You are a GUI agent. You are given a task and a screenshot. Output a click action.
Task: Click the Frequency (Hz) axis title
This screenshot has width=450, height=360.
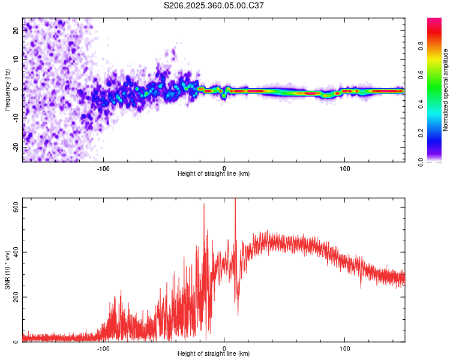point(7,89)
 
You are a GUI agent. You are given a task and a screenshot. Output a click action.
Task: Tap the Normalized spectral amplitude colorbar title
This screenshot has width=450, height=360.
point(446,89)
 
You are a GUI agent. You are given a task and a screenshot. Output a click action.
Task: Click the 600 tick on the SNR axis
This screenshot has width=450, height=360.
point(16,206)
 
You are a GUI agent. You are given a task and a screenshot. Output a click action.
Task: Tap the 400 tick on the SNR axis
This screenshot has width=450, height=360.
point(16,251)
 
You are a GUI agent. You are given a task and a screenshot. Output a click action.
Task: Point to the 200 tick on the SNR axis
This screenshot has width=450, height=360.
point(16,297)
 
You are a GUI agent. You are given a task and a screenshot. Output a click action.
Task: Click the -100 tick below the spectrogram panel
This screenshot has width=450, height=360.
point(103,169)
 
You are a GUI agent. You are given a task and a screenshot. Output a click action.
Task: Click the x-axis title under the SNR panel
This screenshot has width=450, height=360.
point(214,355)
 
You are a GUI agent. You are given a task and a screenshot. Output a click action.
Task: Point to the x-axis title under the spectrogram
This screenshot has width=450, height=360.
point(214,174)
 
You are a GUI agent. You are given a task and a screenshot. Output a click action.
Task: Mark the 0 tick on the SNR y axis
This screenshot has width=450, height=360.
point(16,342)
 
